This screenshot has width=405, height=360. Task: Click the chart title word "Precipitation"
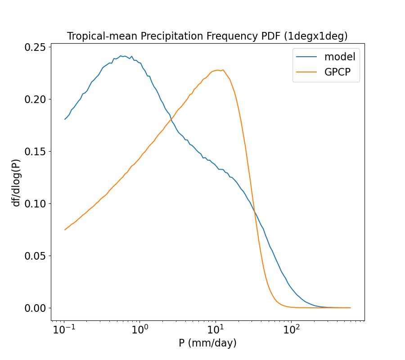click(166, 36)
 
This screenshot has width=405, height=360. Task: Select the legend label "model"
click(340, 57)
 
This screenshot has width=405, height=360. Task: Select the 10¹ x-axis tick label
click(216, 329)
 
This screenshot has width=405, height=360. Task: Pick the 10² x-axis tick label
click(292, 329)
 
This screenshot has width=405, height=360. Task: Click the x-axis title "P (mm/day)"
click(207, 343)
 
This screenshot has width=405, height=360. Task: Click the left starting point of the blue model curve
click(65, 119)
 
